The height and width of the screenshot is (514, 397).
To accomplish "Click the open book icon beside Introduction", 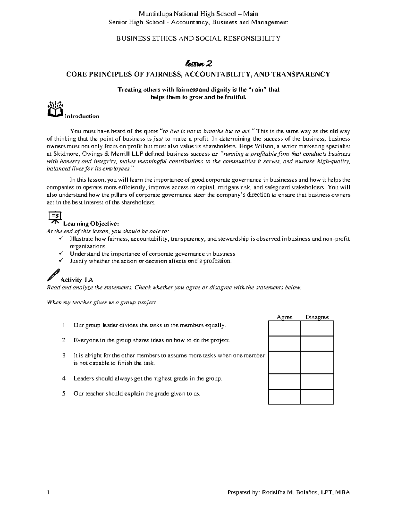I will [55, 110].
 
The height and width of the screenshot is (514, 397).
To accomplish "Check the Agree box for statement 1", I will [285, 329].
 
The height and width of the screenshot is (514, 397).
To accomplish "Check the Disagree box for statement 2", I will [317, 344].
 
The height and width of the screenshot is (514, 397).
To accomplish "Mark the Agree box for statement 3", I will [285, 362].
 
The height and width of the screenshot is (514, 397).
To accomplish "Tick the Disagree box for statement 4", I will [317, 382].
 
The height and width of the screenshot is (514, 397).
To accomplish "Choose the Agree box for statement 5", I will [285, 397].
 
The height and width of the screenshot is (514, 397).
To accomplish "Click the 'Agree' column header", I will [285, 317].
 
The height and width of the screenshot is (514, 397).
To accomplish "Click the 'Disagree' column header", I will [317, 317].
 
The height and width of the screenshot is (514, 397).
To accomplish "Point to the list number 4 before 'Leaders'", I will [64, 379].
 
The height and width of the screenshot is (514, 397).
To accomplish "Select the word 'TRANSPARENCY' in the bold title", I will [300, 74].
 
